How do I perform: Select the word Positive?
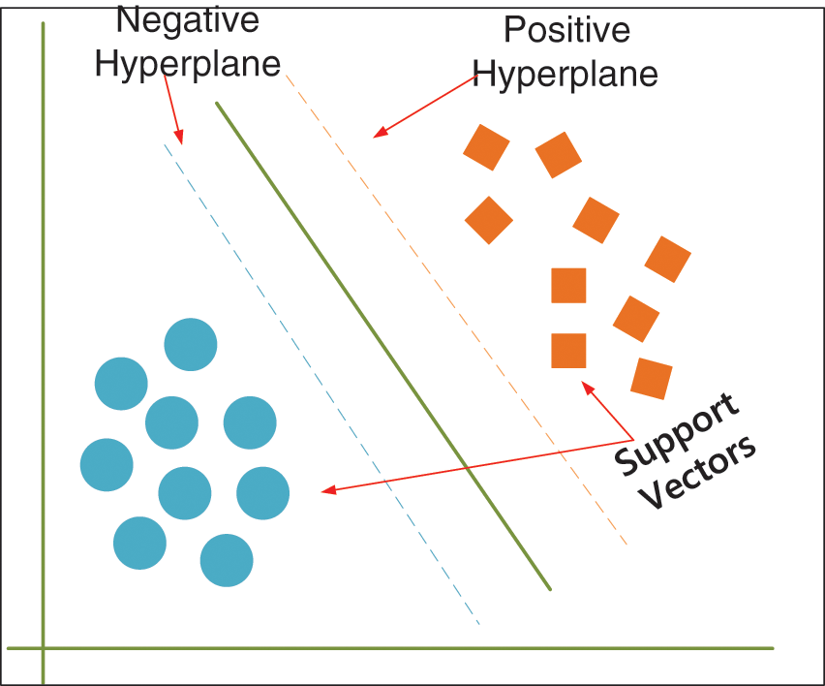[566, 30]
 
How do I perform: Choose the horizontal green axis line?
[387, 648]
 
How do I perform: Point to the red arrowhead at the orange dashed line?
[380, 132]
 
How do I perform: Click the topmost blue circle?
[191, 344]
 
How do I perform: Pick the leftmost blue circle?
[107, 465]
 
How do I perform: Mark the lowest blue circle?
[227, 560]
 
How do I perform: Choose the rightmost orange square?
[667, 259]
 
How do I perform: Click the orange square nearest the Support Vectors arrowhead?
[568, 350]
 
